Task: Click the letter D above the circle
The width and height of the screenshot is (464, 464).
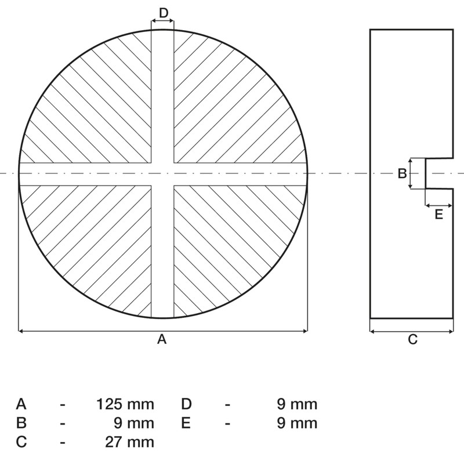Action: click(x=163, y=13)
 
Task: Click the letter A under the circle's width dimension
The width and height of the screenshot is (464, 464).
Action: click(x=162, y=339)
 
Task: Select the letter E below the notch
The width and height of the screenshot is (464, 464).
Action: click(x=438, y=215)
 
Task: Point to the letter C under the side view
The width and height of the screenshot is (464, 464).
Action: click(x=412, y=340)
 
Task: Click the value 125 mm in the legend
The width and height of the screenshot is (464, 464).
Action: click(x=126, y=404)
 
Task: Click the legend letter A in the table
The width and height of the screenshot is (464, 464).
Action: click(x=21, y=404)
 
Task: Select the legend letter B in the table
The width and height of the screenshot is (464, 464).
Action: click(x=21, y=423)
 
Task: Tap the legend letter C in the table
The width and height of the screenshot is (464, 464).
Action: click(x=21, y=442)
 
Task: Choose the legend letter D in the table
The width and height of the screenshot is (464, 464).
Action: click(x=186, y=404)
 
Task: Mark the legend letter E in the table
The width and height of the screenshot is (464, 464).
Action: click(x=186, y=423)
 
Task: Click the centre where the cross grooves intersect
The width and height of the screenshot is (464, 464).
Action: click(x=162, y=173)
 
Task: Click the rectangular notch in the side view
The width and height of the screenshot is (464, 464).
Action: click(x=438, y=173)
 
